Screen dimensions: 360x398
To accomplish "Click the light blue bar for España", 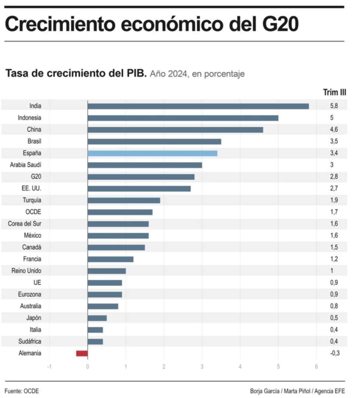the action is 152,153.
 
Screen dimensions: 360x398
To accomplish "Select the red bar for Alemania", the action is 82,353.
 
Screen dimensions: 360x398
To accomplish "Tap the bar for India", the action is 198,106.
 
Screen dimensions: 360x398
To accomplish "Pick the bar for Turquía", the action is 124,200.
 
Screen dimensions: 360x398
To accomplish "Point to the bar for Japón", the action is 97,318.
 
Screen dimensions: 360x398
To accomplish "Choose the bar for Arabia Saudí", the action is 145,165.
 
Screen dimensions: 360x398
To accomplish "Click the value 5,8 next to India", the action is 334,106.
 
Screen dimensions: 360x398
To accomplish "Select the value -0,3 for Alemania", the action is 335,353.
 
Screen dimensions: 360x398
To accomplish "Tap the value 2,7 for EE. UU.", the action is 334,188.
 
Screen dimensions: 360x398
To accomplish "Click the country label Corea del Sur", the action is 25,223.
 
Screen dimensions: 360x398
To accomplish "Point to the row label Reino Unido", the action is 26,271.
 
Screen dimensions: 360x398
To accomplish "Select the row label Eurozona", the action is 29,294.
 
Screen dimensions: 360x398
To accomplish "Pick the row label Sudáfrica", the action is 30,341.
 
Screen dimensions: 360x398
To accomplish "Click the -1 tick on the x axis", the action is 49,367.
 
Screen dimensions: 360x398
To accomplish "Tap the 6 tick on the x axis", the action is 316,367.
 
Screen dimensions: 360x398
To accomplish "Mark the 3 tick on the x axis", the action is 202,367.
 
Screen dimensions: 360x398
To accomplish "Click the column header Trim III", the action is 334,92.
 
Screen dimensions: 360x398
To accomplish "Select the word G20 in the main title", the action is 280,24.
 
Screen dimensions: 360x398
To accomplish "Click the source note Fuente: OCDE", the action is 22,391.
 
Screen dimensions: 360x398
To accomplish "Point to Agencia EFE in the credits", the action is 330,391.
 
